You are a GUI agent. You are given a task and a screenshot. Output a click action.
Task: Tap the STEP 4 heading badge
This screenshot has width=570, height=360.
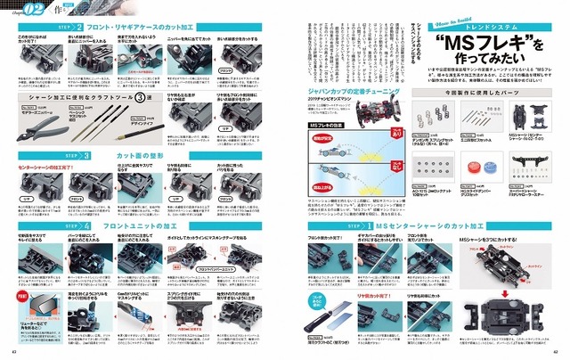point(73,227)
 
